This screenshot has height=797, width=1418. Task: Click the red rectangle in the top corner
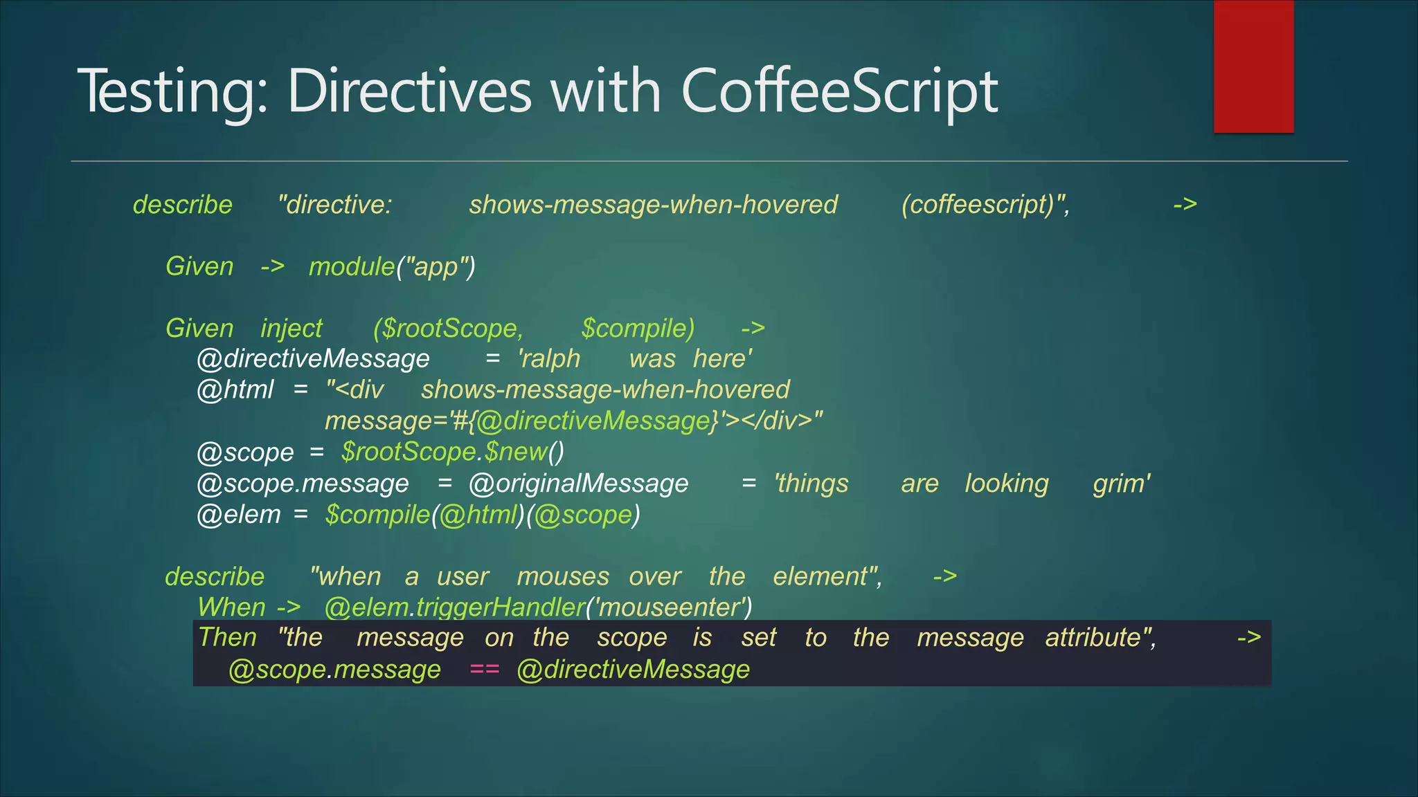tap(1253, 66)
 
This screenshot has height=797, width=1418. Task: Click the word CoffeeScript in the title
tap(839, 91)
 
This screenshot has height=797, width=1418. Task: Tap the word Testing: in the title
tap(173, 91)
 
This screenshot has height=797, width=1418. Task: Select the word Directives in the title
tap(409, 91)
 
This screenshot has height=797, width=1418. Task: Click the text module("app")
tap(392, 266)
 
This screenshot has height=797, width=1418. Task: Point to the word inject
tap(291, 328)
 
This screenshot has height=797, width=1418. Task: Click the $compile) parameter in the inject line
tap(638, 328)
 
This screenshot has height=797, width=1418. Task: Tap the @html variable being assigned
tap(235, 390)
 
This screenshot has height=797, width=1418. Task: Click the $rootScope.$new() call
tap(453, 452)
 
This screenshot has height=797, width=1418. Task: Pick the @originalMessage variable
tap(579, 483)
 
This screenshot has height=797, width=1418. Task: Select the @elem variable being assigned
tap(239, 514)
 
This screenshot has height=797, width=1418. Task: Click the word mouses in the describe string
tap(563, 576)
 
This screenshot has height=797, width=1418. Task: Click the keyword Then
tap(227, 637)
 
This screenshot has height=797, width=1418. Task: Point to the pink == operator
tap(484, 669)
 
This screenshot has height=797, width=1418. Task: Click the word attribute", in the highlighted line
tap(1100, 637)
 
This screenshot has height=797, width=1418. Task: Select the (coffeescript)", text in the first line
tap(985, 204)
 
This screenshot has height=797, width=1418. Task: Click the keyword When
tap(231, 607)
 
